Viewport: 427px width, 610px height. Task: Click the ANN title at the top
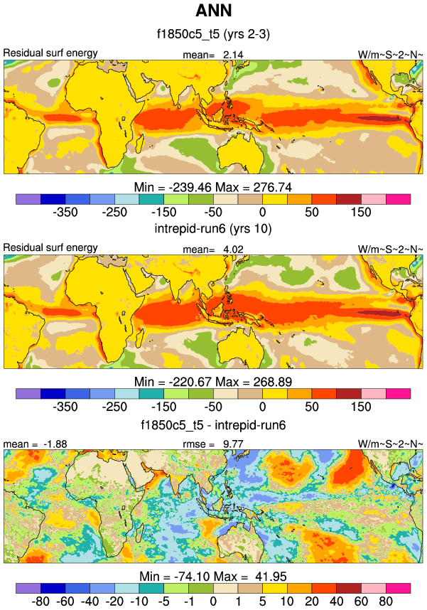213,11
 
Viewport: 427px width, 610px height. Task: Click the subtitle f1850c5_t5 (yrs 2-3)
213,33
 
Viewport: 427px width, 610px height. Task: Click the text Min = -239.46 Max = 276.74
213,187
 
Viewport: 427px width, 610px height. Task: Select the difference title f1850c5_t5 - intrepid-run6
213,424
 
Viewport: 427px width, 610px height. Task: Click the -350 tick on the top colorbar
65,212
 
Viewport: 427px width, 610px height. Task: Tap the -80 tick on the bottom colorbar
40,601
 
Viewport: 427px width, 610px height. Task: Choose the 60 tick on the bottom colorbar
362,601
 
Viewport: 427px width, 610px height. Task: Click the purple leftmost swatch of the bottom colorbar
28,588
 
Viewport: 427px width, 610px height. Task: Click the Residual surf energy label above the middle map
50,247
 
